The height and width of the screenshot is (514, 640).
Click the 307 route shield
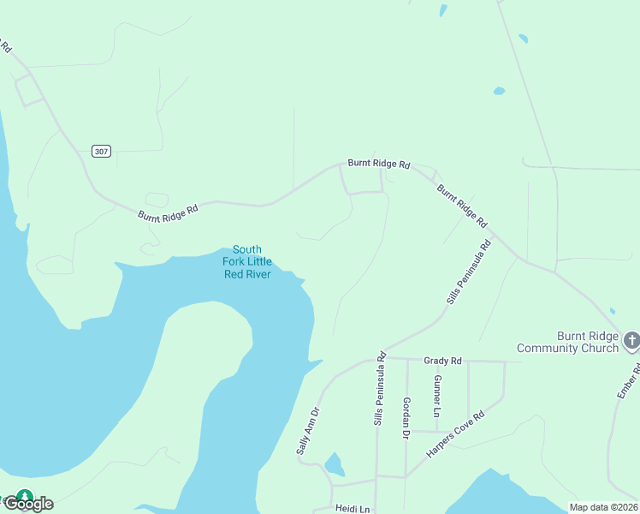102,152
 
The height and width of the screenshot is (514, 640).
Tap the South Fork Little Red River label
247,261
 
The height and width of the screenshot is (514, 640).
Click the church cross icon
631,342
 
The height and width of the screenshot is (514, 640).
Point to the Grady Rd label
442,362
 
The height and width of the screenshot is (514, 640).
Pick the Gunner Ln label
437,396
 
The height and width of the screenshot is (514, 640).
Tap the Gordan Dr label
406,419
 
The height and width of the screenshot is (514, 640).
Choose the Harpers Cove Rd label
456,432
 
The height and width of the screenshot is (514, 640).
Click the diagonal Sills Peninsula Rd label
469,272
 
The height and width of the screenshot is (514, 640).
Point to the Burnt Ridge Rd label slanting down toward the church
461,206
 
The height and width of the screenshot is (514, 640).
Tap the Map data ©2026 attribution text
603,507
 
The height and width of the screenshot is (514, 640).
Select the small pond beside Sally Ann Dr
335,465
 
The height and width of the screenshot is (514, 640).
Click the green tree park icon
25,495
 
